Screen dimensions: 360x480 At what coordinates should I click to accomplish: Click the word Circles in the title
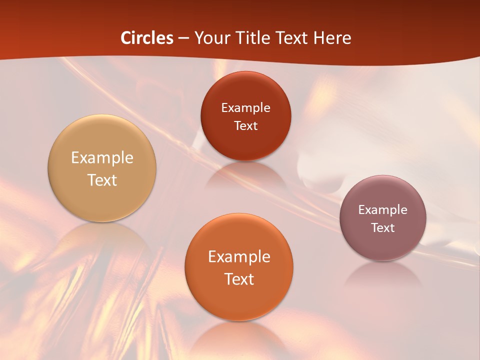(x=147, y=38)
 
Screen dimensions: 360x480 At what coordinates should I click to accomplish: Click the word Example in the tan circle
(x=102, y=158)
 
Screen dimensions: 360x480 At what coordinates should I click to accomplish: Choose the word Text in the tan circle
(x=102, y=180)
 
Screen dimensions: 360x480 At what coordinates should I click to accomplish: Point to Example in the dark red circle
(x=245, y=107)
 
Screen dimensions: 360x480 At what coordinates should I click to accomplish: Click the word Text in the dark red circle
(x=245, y=125)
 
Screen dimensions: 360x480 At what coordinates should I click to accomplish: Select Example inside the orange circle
(x=239, y=256)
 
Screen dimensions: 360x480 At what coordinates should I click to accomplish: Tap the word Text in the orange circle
(x=239, y=279)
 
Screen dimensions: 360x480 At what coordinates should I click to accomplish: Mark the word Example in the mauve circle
(x=383, y=209)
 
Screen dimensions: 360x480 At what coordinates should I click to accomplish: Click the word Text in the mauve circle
(x=383, y=227)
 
